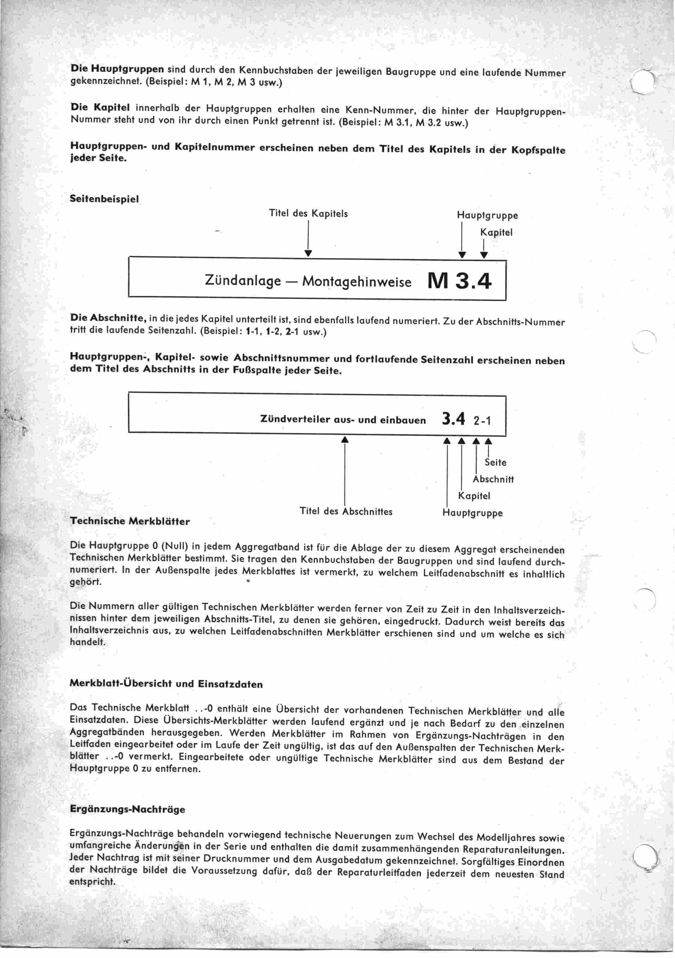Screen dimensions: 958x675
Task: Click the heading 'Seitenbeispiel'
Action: (104, 199)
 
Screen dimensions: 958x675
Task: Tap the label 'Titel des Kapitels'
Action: (308, 214)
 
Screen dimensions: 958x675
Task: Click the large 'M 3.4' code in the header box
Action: (459, 281)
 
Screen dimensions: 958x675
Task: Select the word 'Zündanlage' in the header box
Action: (243, 280)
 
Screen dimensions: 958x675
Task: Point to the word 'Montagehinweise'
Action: (356, 282)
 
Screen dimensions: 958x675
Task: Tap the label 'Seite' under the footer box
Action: (495, 462)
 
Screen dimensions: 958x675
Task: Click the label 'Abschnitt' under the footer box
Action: (493, 479)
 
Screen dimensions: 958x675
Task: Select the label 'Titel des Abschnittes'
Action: (346, 512)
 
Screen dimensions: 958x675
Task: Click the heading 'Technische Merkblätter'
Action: (130, 521)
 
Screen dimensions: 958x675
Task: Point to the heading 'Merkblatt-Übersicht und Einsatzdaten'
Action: (166, 684)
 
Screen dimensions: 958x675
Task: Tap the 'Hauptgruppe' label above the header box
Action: (487, 215)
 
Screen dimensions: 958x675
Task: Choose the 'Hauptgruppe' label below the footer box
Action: (472, 513)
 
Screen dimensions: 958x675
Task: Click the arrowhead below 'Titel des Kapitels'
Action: (308, 253)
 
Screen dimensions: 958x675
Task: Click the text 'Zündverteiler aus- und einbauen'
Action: (343, 420)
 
